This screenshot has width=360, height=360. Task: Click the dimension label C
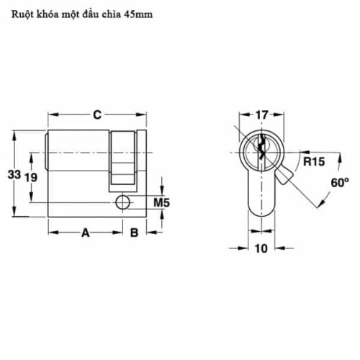[96, 114]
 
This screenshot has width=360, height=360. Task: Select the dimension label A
[84, 233]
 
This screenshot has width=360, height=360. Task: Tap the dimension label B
[134, 233]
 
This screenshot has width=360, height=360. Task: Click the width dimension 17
[261, 114]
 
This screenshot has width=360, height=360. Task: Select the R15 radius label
[312, 161]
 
